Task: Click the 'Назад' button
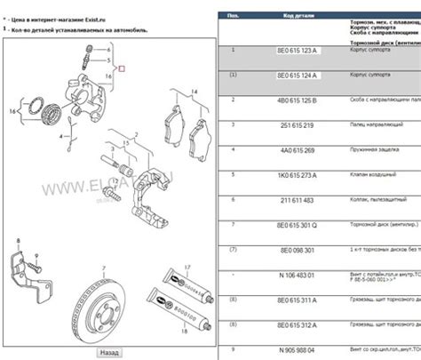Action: click(109, 352)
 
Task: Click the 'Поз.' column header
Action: click(232, 15)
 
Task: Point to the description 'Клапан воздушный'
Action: click(377, 176)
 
